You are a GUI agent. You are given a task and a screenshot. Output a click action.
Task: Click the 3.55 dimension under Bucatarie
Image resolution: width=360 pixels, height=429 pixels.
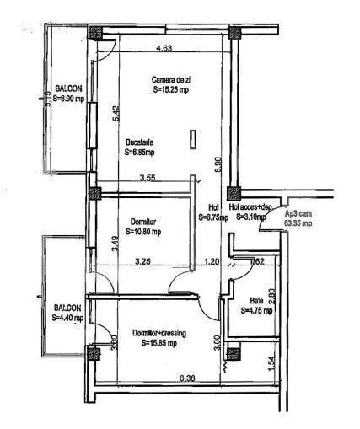tap(148, 177)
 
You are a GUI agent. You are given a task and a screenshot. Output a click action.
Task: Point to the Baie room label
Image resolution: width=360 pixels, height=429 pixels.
tap(255, 301)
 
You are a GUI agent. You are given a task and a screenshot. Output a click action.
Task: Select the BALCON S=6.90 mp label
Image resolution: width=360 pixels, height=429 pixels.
tap(68, 93)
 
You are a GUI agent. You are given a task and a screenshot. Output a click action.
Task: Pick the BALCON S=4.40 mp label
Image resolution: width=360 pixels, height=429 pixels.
tap(67, 314)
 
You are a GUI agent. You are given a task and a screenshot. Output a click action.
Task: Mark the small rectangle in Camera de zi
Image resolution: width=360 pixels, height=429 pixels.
tap(192, 139)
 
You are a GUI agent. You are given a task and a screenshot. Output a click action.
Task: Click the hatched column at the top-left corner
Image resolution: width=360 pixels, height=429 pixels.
tap(98, 34)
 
